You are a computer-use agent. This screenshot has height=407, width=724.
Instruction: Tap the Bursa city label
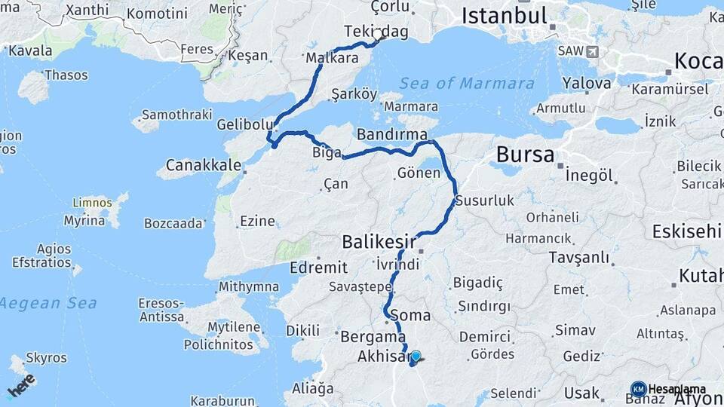point(525,155)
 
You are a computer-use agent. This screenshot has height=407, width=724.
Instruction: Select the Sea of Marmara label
point(467,84)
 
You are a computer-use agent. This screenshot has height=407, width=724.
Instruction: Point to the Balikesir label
point(379,241)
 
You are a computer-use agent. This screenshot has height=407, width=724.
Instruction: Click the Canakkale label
point(203,164)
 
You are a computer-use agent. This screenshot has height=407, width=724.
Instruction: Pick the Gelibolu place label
point(240,124)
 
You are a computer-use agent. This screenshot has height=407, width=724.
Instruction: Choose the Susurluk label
point(484,200)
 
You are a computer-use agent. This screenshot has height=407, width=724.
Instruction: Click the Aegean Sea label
point(48,302)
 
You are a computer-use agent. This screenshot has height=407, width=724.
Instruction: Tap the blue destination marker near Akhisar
point(415,357)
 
